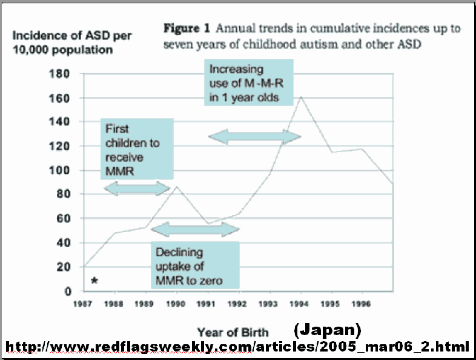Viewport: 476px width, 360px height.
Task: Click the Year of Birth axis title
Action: point(233,332)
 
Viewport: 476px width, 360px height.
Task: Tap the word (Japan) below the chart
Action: point(327,330)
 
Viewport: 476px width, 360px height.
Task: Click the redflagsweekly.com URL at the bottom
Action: point(237,347)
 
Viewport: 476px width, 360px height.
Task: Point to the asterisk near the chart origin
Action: point(94,281)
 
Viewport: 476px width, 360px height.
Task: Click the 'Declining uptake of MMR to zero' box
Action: point(194,265)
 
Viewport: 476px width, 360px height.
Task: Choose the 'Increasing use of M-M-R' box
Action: point(248,82)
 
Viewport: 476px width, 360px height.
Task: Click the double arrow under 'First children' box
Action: point(138,188)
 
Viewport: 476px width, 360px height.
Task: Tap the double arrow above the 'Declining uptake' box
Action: point(194,229)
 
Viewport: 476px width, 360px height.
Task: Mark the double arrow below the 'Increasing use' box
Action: point(254,138)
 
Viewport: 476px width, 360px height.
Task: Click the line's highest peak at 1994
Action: point(300,97)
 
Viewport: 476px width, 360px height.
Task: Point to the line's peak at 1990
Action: point(176,187)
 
